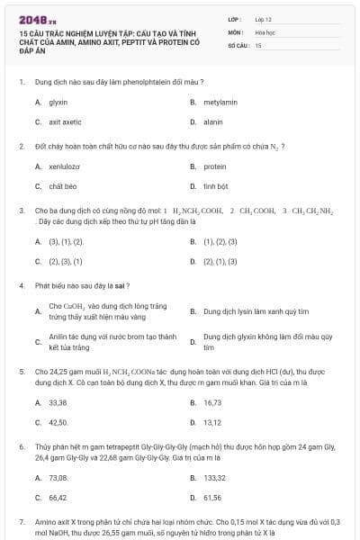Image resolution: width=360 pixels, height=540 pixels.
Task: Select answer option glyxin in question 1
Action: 58,102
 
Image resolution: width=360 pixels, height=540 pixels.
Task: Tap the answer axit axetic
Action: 65,121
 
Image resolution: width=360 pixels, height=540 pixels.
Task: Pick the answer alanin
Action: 213,121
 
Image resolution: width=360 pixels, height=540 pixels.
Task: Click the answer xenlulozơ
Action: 65,166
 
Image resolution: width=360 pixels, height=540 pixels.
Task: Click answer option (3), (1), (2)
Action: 66,241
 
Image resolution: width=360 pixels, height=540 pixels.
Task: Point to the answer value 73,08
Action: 58,477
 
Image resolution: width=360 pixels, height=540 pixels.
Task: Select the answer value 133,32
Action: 215,477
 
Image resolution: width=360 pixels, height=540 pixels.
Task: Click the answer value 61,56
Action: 212,497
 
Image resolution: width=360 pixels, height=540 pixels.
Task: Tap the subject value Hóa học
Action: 265,31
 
